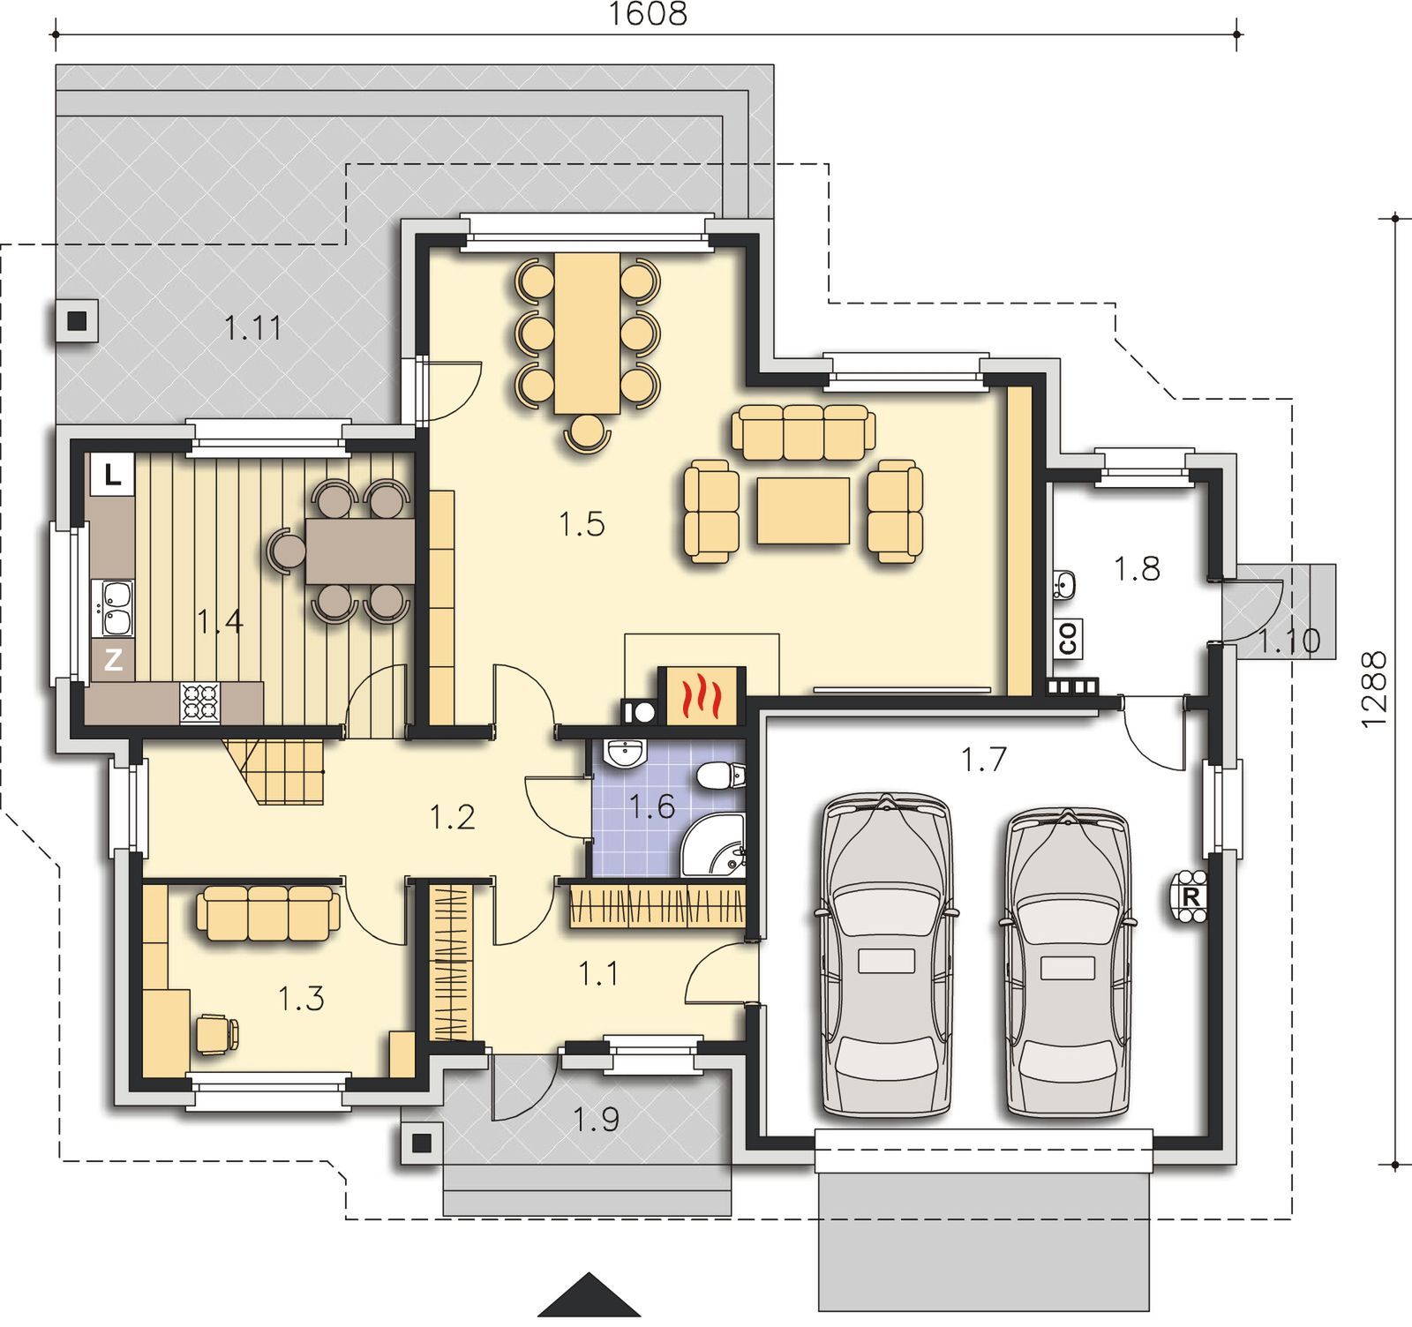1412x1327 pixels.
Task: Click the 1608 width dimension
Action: pos(648,13)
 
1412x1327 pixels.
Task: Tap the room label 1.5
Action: pos(582,524)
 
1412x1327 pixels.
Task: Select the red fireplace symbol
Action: pos(702,695)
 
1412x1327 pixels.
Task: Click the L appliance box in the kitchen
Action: pos(112,476)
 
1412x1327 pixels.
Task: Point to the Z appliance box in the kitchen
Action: pos(112,660)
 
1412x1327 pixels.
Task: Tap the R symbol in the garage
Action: pos(1190,897)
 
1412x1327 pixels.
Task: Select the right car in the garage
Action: pos(1068,964)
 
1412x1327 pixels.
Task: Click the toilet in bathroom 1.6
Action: pos(720,776)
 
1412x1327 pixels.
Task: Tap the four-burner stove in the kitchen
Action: pos(199,703)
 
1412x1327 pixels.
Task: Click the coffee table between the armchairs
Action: pos(803,511)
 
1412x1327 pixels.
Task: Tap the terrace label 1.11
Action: pos(253,328)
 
